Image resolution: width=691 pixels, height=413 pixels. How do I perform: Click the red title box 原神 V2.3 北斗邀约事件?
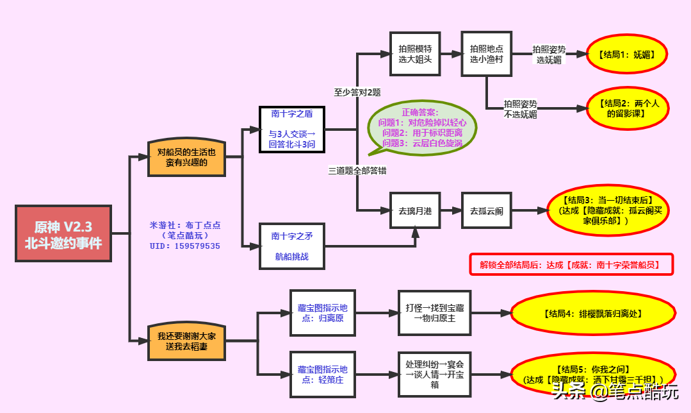tap(63, 233)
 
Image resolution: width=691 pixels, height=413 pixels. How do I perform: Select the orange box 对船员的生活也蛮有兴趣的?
tap(186, 157)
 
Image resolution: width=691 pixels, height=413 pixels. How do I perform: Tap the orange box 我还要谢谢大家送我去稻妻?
tap(186, 341)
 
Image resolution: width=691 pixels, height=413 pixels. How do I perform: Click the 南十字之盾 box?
tap(292, 130)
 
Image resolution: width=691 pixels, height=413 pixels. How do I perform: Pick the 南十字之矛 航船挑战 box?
tap(292, 246)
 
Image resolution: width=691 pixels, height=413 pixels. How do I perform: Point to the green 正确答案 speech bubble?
tap(423, 128)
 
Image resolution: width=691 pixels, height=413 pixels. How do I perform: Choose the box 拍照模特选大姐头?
tap(415, 54)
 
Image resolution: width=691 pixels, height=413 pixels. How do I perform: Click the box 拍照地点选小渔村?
tap(487, 54)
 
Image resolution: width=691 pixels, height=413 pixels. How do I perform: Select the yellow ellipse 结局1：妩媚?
tap(628, 55)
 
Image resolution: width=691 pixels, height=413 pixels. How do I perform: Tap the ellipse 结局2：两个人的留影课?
tap(628, 108)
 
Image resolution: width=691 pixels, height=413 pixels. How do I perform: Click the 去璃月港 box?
tap(415, 210)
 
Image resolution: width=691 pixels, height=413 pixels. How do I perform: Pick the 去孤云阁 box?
tap(487, 210)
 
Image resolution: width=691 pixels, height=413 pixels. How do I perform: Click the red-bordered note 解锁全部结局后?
tap(572, 264)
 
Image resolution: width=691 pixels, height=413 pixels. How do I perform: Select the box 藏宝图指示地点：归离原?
tap(323, 312)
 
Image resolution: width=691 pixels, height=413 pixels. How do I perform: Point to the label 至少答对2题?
tap(357, 92)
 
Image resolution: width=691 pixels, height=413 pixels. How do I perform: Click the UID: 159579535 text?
tap(185, 246)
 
